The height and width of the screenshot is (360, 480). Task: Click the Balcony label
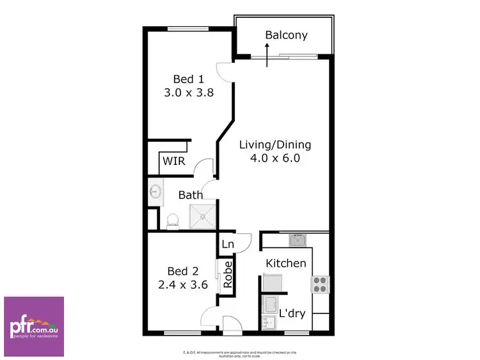click(x=286, y=35)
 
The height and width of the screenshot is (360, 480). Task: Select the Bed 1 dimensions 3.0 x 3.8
click(x=188, y=92)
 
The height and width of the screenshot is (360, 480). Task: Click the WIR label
click(x=173, y=161)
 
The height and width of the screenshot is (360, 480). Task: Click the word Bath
click(x=191, y=195)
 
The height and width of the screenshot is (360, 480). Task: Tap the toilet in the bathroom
click(x=172, y=221)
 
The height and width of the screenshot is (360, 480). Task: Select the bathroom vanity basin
click(x=154, y=191)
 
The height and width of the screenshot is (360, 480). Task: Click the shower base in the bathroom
click(x=203, y=215)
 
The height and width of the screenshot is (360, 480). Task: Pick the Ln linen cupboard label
click(x=228, y=244)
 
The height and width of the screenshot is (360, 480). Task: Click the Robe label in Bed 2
click(x=227, y=276)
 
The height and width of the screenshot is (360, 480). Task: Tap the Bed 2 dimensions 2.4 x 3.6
click(x=183, y=285)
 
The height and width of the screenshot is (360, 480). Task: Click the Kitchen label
click(x=286, y=263)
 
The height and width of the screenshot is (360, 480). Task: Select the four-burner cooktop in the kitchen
click(x=319, y=284)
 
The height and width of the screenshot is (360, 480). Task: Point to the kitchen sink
click(x=296, y=240)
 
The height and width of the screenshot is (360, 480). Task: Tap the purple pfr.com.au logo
click(x=34, y=326)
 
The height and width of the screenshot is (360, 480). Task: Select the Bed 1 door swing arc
click(x=223, y=71)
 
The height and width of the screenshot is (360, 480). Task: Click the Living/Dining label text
click(x=269, y=145)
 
